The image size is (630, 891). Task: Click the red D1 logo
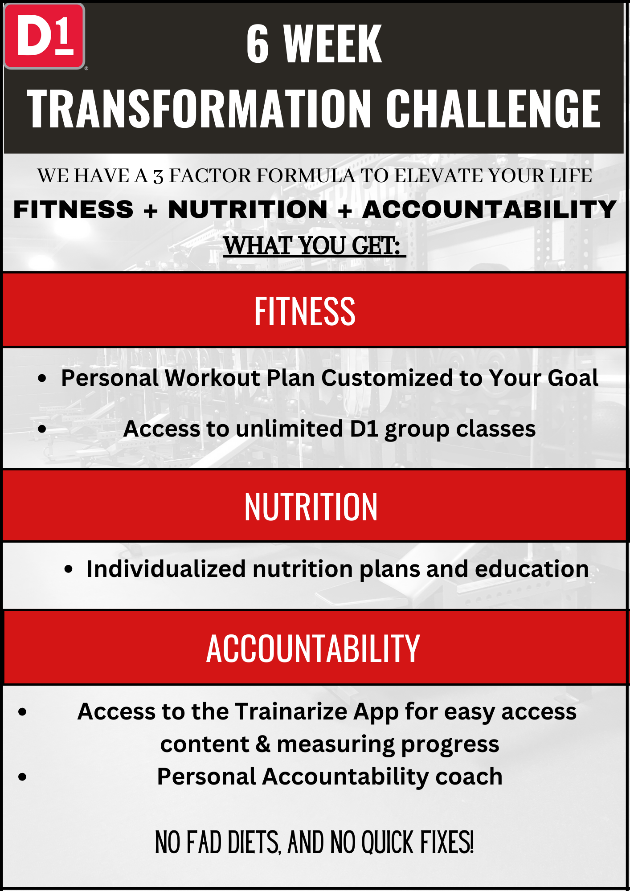point(44,36)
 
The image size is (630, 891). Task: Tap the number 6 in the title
point(258,44)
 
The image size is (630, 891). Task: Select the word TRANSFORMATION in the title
point(199,108)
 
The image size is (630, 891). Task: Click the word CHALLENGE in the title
point(493,108)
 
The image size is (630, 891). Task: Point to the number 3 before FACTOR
point(158,177)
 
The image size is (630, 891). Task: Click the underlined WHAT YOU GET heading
point(314,245)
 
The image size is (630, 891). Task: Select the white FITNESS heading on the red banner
point(305,311)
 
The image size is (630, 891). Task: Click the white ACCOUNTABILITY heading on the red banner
point(313,648)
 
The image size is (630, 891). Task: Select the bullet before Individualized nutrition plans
point(68,569)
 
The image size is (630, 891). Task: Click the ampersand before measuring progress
point(263,744)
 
